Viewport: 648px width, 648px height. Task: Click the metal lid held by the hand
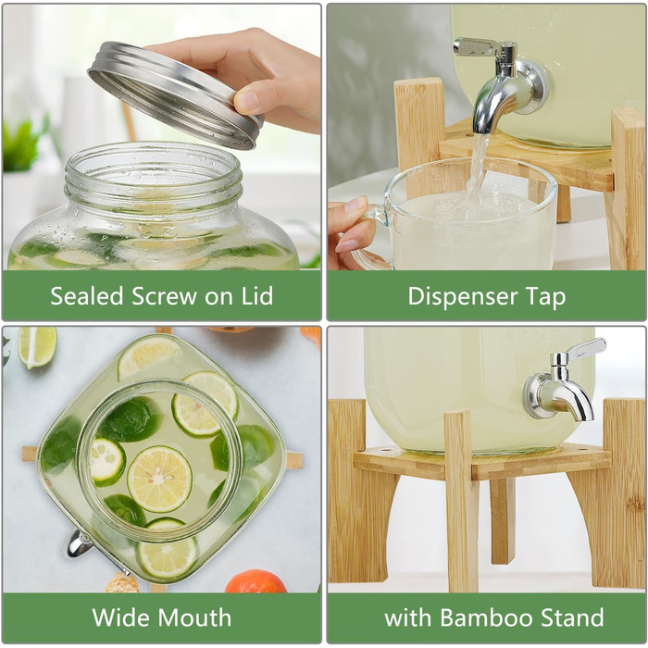tap(176, 95)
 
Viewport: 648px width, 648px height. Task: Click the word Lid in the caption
tap(256, 296)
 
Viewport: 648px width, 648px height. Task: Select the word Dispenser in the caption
tap(463, 297)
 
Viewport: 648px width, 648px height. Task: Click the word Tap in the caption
tap(545, 297)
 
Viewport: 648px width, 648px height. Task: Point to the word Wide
tap(121, 617)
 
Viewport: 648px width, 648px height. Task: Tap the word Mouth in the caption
tap(194, 617)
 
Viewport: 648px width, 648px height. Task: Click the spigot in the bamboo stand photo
tap(562, 384)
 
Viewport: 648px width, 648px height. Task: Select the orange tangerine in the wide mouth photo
tap(255, 581)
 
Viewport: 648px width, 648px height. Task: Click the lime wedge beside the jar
tap(37, 346)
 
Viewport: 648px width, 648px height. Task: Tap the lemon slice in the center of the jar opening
tap(159, 479)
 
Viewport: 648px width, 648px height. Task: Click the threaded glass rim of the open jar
tap(154, 174)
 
